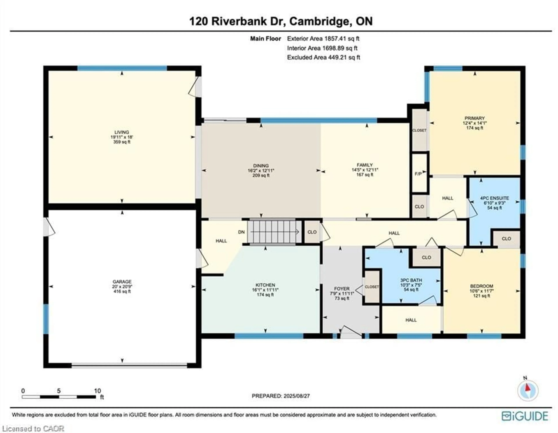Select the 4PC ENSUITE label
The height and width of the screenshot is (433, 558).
[x=494, y=198]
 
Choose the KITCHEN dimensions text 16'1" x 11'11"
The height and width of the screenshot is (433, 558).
[x=265, y=290]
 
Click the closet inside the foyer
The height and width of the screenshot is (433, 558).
[x=372, y=287]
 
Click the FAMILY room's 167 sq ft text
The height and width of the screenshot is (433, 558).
[x=365, y=175]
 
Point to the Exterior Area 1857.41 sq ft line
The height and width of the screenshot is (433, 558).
[x=323, y=38]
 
